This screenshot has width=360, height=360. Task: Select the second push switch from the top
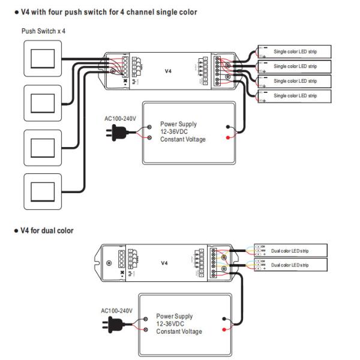[x=41, y=103]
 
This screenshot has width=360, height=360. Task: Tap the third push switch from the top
[x=41, y=148]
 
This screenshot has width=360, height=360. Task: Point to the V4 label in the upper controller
[x=168, y=71]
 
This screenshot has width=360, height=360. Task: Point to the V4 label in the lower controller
[x=164, y=263]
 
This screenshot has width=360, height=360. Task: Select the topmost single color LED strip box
[x=294, y=51]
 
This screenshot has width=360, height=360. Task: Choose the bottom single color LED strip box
[x=294, y=96]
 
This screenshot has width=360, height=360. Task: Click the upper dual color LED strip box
[x=290, y=250]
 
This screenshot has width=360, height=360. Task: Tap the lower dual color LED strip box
[x=290, y=265]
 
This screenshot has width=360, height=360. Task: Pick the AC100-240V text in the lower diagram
[x=117, y=311]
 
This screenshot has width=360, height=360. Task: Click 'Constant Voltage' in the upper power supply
[x=182, y=139]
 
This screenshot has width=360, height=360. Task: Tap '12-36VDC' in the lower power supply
[x=170, y=323]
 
